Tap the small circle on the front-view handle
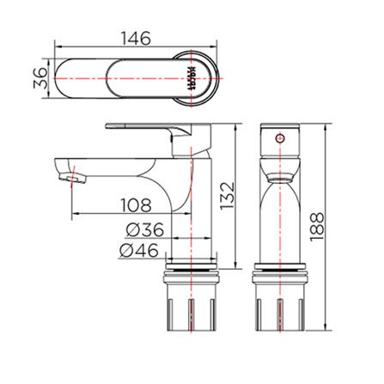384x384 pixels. coord(279,137)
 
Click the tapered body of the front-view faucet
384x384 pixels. coord(279,215)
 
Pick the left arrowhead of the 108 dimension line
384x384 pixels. coord(66,213)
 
